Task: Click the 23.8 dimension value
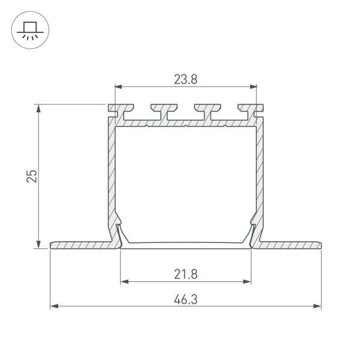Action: pos(185,79)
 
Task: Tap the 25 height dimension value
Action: pos(31,176)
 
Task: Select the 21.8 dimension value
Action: pos(186,274)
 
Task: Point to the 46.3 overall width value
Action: pos(185,299)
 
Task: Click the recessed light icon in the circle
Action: pos(30,31)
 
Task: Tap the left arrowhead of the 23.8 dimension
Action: pos(118,87)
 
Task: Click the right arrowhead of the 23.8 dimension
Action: pos(253,87)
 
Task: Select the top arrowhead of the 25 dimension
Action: pos(38,109)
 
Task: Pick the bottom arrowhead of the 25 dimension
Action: pos(38,245)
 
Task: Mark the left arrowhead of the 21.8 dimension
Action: pos(124,282)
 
